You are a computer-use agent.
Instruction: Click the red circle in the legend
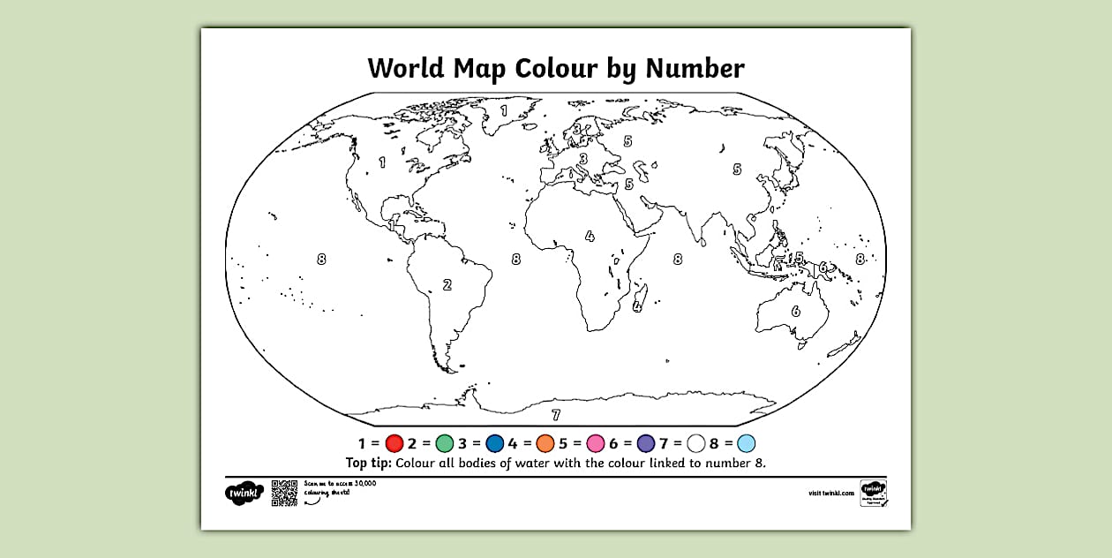pos(394,443)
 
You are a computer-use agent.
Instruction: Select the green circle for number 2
pos(445,443)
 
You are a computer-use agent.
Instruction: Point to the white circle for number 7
pos(697,443)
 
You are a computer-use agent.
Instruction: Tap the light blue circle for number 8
pos(747,443)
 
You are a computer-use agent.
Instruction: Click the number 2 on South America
pos(447,284)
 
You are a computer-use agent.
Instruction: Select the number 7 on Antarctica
pos(555,414)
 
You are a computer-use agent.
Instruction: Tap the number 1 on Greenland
pos(505,111)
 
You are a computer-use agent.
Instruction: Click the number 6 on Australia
pos(795,311)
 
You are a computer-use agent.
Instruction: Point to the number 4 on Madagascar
pos(637,306)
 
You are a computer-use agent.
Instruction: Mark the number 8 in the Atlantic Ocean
pos(515,259)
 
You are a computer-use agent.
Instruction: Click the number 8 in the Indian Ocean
pos(678,259)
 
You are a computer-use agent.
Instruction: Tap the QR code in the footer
pos(284,493)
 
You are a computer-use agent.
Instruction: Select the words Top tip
pos(369,463)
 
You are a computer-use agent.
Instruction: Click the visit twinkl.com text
pos(830,494)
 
